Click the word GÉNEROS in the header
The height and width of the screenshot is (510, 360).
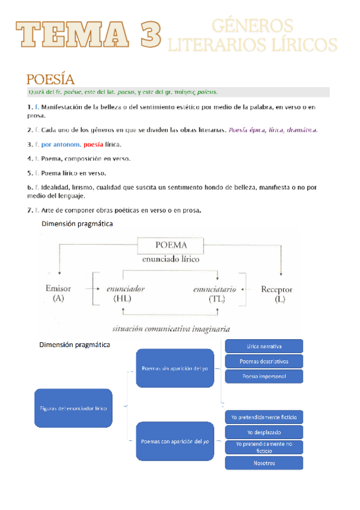coord(252,26)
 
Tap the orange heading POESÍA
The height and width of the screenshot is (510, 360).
coord(50,79)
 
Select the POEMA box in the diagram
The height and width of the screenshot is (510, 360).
coord(171,245)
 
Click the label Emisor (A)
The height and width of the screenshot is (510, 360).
coord(58,293)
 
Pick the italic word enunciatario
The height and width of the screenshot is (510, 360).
coord(215,289)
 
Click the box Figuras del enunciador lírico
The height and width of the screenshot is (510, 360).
coord(74,408)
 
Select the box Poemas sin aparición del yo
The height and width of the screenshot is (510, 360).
coord(175,368)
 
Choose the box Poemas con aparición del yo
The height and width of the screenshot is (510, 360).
coord(175,441)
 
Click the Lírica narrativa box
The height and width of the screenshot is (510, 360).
coord(264,346)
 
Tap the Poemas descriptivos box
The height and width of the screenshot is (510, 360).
coord(264,361)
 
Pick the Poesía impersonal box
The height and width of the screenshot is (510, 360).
coord(264,376)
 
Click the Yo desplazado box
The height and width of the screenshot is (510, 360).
coord(264,432)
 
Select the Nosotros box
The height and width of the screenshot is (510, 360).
coord(264,462)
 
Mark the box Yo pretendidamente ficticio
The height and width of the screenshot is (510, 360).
coord(264,417)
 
